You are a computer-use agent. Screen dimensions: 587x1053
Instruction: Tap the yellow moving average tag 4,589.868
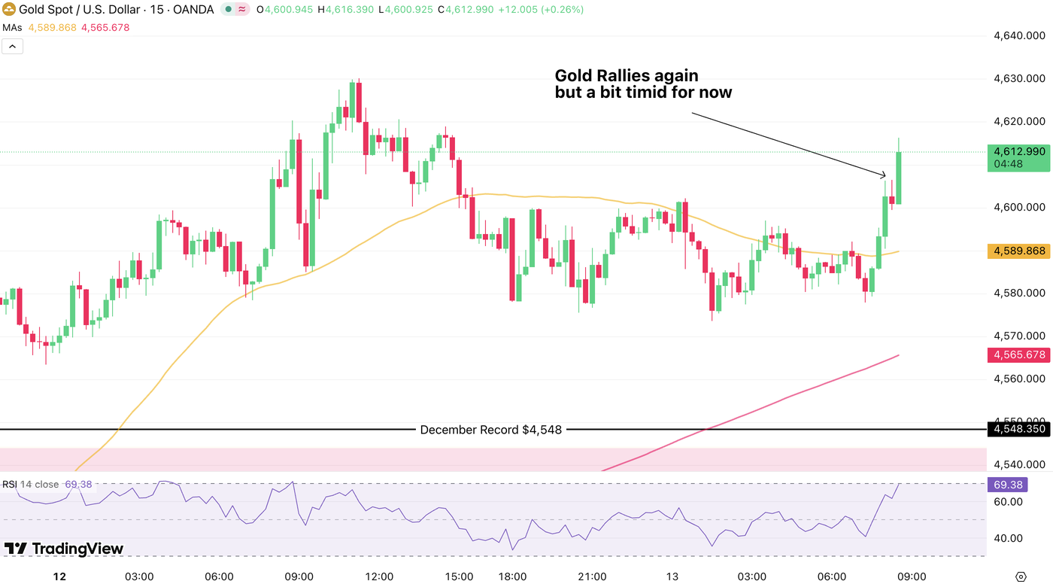click(1018, 251)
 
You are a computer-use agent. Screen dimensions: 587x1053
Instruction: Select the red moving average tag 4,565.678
click(1018, 355)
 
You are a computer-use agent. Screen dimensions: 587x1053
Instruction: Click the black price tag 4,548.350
click(1018, 430)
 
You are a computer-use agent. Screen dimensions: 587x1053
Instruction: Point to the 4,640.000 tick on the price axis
click(1019, 35)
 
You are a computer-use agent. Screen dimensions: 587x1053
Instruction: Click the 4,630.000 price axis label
click(1019, 78)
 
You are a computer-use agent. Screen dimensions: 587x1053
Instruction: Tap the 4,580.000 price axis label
click(1019, 293)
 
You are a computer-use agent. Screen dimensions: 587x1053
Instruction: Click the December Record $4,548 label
click(490, 430)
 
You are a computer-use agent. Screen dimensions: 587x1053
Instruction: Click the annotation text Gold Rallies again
click(627, 76)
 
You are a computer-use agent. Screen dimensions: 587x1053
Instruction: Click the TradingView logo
click(64, 549)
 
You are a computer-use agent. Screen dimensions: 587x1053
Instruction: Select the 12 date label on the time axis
click(59, 576)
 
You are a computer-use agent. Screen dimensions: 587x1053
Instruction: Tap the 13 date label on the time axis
click(672, 576)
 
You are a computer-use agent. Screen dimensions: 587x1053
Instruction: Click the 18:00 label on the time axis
click(512, 576)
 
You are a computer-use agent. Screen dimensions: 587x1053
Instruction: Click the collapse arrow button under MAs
click(12, 46)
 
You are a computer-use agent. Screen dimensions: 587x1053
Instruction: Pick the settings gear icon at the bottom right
click(1021, 576)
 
